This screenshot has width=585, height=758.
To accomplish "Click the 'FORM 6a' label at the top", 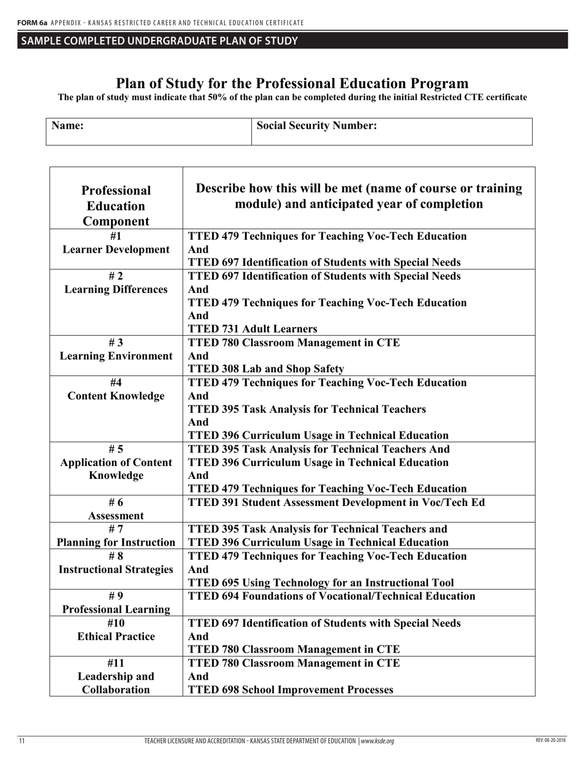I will [x=32, y=23].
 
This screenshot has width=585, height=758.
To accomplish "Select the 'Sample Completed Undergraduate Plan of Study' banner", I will [x=159, y=41].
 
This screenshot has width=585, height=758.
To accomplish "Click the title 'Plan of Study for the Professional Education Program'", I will [x=292, y=83].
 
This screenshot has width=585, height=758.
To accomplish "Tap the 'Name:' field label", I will [x=67, y=126].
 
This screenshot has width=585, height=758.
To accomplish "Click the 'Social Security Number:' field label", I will [x=317, y=126].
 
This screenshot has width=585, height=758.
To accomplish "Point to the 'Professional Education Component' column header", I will [x=116, y=205].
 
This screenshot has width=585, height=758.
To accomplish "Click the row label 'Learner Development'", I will [x=116, y=250].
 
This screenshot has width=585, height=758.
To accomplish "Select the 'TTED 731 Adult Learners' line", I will [x=252, y=329].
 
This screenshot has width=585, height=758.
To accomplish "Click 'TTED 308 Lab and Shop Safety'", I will [x=265, y=369].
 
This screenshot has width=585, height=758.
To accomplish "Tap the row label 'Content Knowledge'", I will [x=116, y=396].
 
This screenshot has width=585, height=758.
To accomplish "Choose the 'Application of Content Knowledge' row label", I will [x=116, y=469].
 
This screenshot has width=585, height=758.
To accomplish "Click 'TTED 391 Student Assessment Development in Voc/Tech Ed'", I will [x=336, y=502].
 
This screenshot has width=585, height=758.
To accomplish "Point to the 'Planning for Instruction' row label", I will [x=116, y=542].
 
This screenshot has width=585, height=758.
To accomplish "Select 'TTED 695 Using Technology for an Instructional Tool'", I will [x=321, y=582].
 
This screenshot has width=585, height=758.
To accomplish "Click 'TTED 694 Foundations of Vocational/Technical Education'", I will [x=331, y=596].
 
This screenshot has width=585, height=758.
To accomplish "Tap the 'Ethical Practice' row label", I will [x=116, y=636].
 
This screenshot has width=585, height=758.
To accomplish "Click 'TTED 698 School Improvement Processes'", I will [x=290, y=690].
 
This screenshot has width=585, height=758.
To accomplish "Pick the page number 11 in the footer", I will [x=22, y=741].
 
